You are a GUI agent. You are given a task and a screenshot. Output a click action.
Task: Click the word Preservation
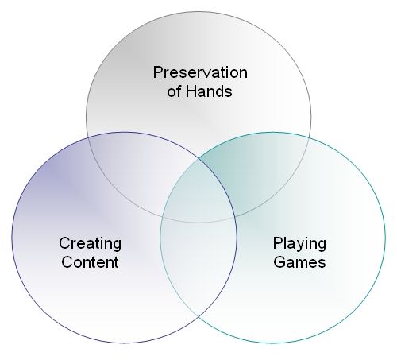point(200,72)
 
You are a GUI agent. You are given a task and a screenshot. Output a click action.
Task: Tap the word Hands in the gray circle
point(209,91)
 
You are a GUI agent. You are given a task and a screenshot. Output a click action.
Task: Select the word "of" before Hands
point(175,91)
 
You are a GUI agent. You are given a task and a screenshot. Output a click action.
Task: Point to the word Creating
point(91,244)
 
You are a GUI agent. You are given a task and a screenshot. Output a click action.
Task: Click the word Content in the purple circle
point(90,262)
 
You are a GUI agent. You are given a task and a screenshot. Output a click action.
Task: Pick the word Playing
point(299,244)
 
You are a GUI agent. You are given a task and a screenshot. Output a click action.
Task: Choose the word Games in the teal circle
point(299,262)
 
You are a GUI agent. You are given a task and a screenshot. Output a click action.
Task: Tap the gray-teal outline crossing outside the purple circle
point(309,137)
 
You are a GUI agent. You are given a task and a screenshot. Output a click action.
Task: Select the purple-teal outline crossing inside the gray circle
point(198,159)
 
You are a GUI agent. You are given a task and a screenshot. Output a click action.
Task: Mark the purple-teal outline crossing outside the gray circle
point(198,317)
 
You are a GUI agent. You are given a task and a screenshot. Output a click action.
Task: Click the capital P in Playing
point(278,242)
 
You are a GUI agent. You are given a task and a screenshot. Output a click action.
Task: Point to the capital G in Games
point(279,262)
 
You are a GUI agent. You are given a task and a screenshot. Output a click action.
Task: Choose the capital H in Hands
point(191,91)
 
